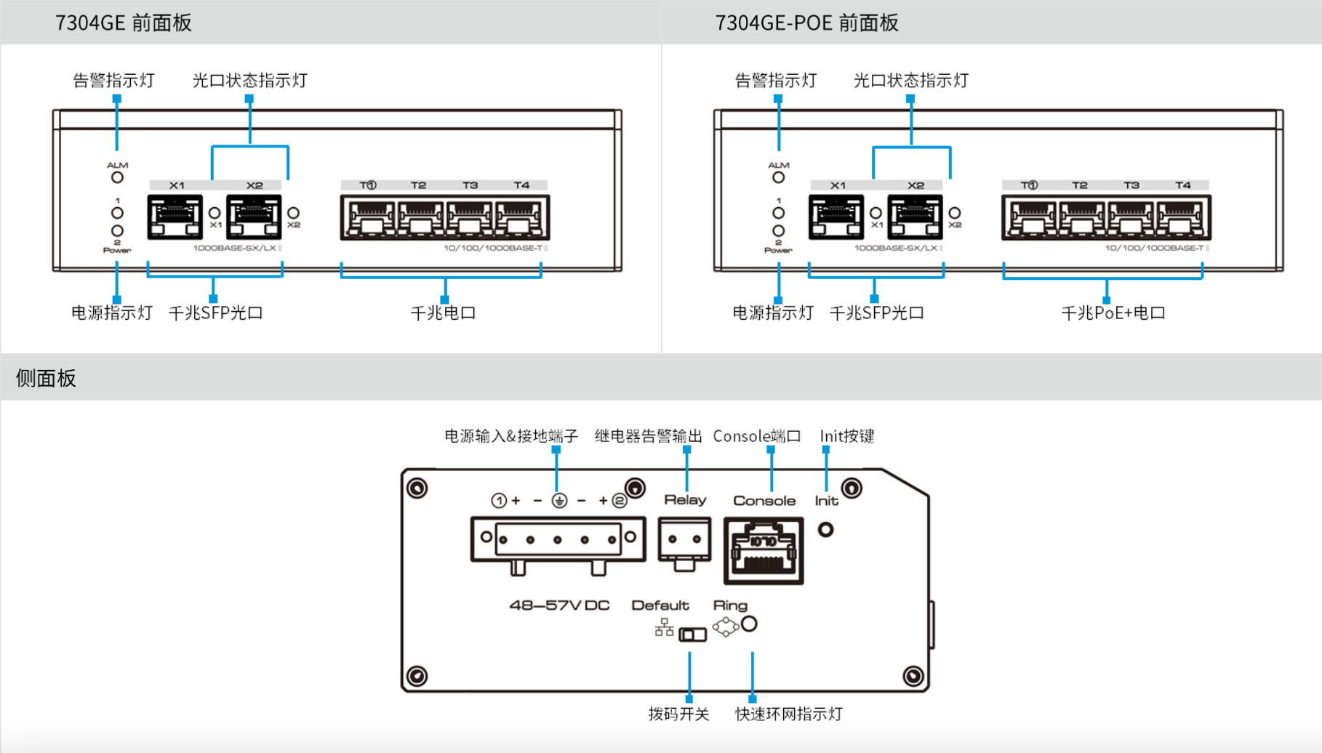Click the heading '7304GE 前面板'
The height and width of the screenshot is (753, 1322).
click(123, 23)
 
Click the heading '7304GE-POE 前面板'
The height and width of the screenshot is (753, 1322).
click(806, 23)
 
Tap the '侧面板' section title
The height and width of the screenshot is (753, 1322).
click(46, 378)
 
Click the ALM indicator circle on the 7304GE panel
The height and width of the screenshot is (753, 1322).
click(117, 177)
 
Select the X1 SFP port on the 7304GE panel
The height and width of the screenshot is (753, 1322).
click(175, 217)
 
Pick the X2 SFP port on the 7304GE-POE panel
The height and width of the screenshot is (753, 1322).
click(915, 217)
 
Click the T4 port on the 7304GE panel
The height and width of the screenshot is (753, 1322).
click(521, 218)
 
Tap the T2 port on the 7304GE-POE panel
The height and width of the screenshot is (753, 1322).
click(1081, 218)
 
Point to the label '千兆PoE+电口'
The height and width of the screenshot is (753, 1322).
click(1113, 313)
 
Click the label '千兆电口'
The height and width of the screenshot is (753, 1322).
click(443, 313)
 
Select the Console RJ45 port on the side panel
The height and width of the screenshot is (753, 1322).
click(764, 551)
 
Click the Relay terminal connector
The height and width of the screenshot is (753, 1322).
click(684, 541)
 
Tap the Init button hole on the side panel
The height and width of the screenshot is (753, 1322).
click(825, 530)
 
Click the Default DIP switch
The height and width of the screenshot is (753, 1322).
click(692, 635)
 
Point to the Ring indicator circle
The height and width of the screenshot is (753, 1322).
click(749, 624)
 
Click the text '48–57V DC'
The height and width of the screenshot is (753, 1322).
click(559, 605)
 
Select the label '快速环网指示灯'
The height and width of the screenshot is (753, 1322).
click(788, 714)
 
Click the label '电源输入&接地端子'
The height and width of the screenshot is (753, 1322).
click(511, 436)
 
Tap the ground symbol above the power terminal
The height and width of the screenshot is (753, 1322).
click(559, 500)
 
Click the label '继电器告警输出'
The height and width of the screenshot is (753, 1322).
click(648, 436)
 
